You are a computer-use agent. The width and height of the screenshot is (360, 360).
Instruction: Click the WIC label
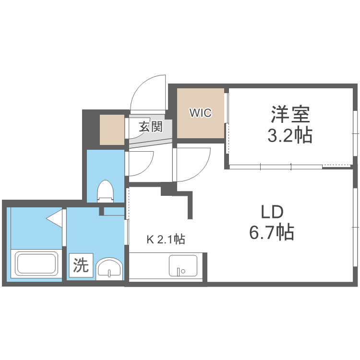201,113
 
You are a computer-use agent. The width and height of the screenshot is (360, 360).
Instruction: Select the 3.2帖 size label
290,136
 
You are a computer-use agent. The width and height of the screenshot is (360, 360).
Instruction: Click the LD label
272,212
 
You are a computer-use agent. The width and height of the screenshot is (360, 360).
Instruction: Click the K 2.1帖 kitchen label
166,239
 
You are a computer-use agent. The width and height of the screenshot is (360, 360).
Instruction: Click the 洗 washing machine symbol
81,265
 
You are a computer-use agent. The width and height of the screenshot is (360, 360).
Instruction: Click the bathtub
36,264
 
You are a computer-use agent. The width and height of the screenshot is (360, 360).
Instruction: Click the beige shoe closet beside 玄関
112,130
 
